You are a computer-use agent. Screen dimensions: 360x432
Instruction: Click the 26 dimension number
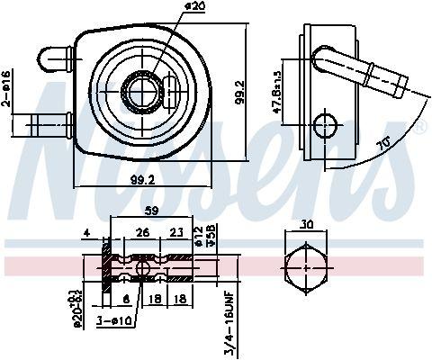(x=141, y=231)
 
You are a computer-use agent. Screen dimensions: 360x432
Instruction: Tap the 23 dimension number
(x=175, y=231)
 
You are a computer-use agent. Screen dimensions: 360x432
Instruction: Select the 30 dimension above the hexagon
(x=307, y=225)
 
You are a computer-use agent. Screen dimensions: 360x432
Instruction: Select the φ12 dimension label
(x=200, y=238)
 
